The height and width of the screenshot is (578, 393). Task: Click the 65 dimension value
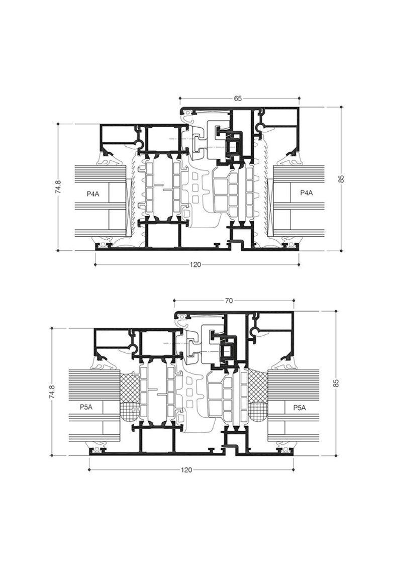(x=238, y=99)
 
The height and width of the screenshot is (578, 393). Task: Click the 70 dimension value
(x=229, y=301)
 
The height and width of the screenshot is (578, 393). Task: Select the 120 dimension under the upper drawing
(x=196, y=265)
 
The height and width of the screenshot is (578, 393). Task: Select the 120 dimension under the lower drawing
(x=187, y=470)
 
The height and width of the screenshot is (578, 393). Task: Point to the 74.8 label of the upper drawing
(x=58, y=187)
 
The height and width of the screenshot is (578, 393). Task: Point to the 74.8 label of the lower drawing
(x=52, y=392)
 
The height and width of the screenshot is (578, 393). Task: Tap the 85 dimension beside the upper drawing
(x=341, y=178)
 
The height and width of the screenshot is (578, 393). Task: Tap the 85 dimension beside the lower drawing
(x=336, y=382)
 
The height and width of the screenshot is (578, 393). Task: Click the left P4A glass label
(x=93, y=193)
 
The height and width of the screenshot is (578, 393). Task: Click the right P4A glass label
(x=307, y=192)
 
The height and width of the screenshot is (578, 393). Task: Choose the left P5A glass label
(x=86, y=407)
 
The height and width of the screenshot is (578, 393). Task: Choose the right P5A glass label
(x=300, y=407)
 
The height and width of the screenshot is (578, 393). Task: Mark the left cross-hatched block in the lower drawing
(x=130, y=397)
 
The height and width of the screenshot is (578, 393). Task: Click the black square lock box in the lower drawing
(x=227, y=350)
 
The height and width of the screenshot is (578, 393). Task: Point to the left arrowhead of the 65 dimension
(x=180, y=99)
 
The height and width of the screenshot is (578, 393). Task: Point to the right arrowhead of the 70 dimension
(x=293, y=301)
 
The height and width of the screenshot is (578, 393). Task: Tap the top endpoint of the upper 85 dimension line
(x=341, y=107)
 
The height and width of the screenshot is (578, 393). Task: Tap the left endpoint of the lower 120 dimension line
(x=89, y=470)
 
